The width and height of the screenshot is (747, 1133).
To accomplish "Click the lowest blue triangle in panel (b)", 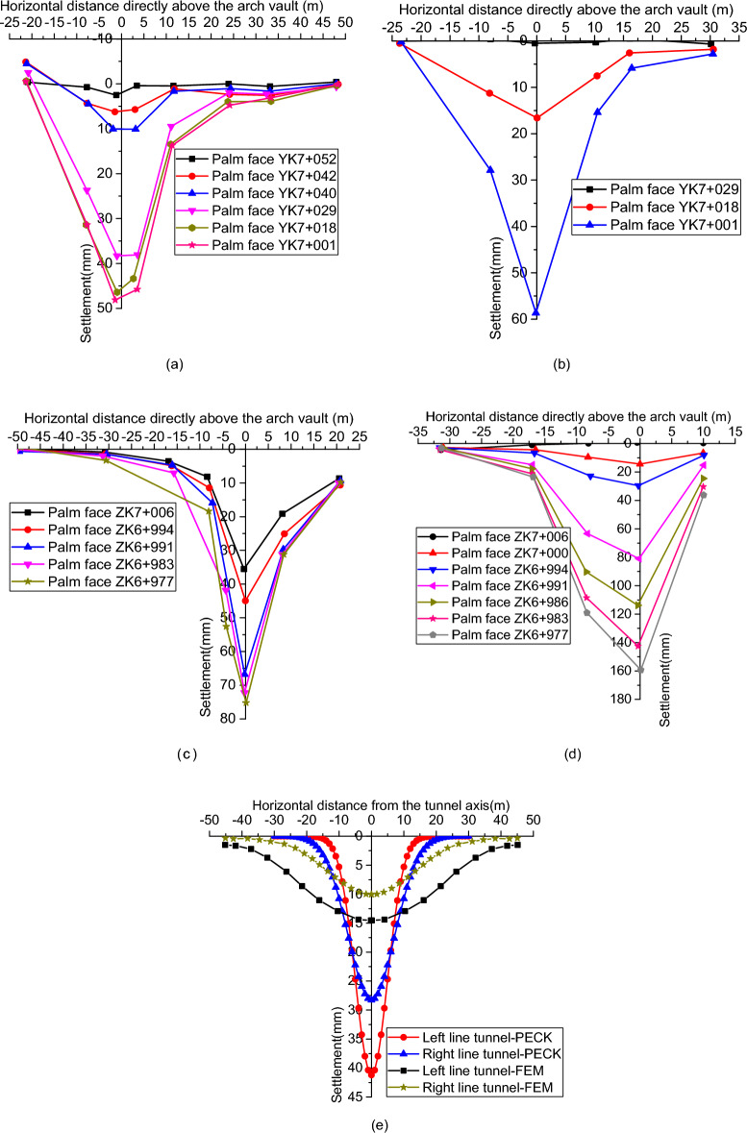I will [x=535, y=312].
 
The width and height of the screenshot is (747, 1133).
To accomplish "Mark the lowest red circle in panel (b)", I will [x=535, y=118].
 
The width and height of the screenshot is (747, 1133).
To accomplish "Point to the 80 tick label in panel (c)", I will [x=222, y=719].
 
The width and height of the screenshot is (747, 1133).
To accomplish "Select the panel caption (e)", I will [x=370, y=1121].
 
